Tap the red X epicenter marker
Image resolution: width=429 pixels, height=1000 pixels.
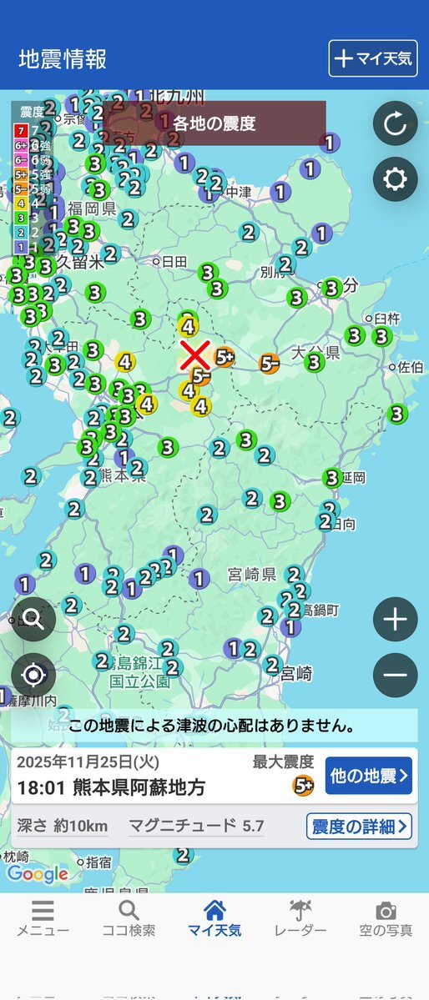click(194, 354)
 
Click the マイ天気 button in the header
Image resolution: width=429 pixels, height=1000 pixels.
click(372, 58)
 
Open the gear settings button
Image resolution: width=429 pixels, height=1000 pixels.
click(395, 179)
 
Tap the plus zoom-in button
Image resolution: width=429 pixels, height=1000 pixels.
click(395, 620)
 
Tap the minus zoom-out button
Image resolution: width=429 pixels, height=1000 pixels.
click(395, 675)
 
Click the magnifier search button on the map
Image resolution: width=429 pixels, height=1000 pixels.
click(33, 619)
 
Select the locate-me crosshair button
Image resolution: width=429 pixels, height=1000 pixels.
click(33, 675)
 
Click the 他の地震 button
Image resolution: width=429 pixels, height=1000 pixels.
click(369, 776)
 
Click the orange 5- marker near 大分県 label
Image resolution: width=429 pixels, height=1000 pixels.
click(269, 363)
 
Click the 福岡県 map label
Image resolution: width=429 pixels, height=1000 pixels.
click(92, 208)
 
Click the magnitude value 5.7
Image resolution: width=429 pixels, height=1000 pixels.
click(252, 827)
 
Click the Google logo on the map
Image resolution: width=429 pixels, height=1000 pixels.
click(38, 873)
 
